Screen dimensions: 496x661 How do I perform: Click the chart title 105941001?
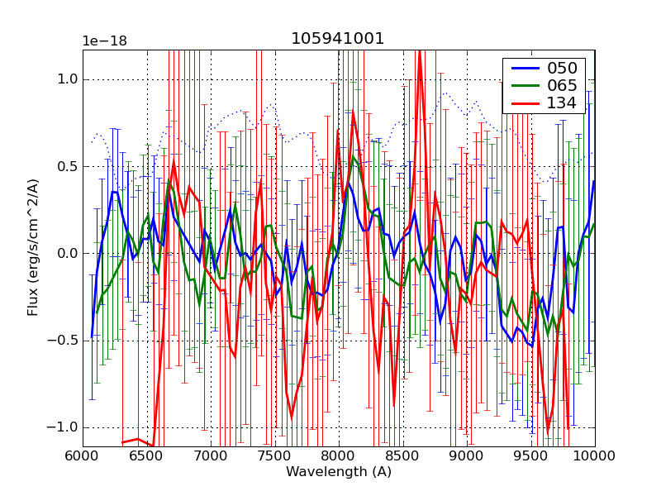(338, 39)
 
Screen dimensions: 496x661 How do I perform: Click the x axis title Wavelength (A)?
(339, 472)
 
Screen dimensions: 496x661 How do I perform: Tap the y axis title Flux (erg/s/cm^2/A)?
(33, 248)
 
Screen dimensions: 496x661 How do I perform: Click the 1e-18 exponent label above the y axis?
(105, 41)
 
